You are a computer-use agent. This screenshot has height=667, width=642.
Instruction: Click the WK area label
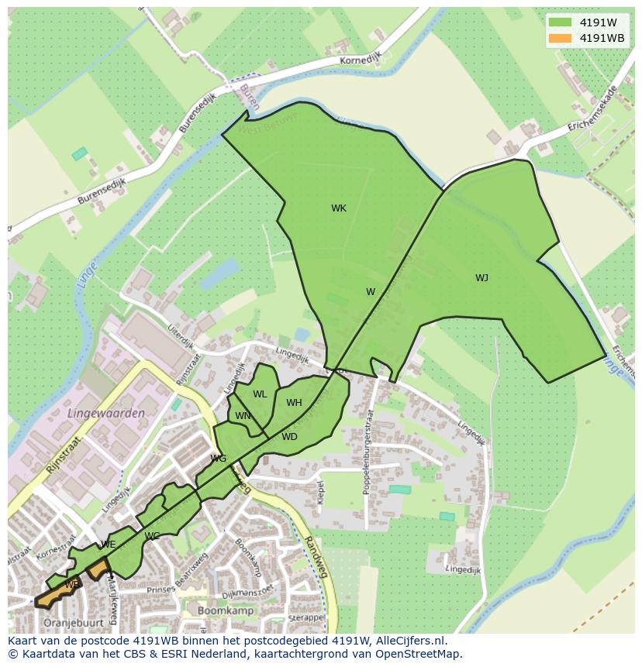click(339, 208)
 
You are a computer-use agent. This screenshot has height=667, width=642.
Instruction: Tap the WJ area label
click(481, 278)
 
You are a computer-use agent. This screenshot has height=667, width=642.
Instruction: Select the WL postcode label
click(260, 394)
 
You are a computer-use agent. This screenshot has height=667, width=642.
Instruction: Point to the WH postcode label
click(294, 403)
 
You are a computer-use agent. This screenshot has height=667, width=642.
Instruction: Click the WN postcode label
click(243, 416)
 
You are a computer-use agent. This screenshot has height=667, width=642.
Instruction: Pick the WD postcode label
click(289, 437)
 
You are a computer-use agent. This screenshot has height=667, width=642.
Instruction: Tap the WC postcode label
click(152, 536)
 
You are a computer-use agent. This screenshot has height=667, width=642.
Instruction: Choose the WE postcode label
click(109, 545)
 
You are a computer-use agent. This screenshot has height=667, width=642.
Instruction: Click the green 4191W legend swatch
click(559, 22)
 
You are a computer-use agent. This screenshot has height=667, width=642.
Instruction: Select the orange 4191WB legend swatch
click(559, 38)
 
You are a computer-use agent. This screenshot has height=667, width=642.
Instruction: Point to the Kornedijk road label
click(359, 60)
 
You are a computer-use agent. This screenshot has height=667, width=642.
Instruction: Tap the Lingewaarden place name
click(107, 414)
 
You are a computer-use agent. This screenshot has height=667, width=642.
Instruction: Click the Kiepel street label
click(320, 490)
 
